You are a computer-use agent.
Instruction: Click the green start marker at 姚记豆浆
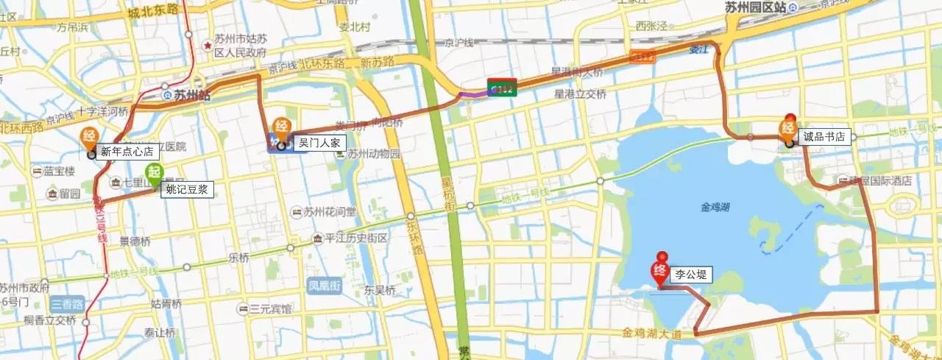point(154,175)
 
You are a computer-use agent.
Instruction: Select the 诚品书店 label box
point(825,136)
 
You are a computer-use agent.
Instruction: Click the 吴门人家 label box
point(319,144)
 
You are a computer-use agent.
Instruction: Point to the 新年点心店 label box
point(127,152)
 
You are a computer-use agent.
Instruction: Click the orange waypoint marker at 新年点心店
point(89,138)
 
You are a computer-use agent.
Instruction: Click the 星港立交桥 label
point(580,94)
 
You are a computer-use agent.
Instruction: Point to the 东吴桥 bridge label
point(380,290)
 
